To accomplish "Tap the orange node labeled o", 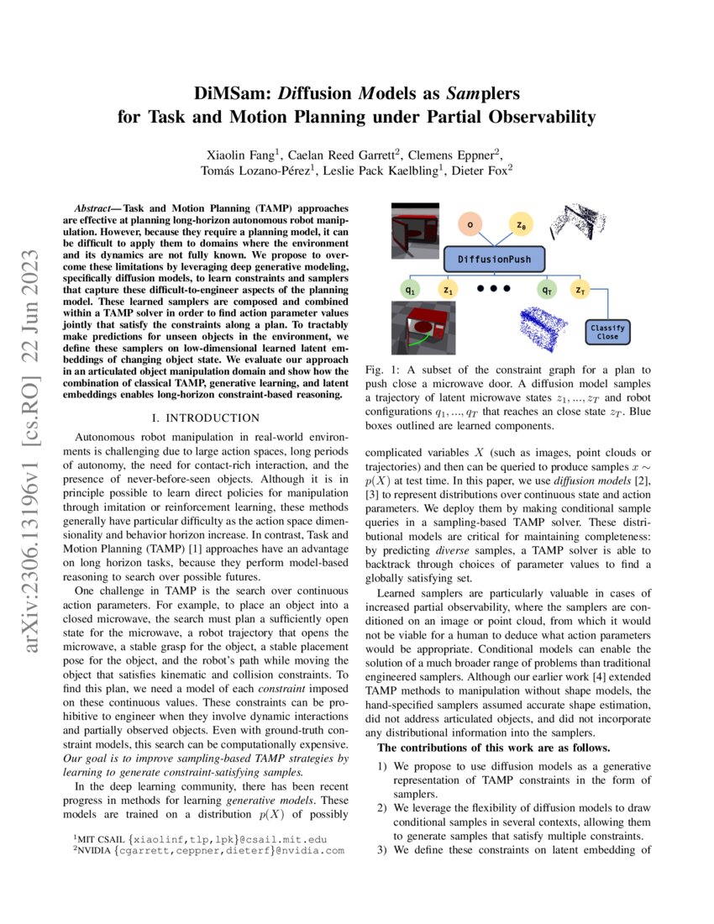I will click(x=470, y=224).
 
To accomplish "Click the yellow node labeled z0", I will click(x=522, y=224).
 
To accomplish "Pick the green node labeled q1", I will click(x=409, y=290).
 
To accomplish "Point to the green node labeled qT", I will click(x=547, y=290).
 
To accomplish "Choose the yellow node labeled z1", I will click(x=448, y=290).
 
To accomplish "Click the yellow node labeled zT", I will click(x=580, y=290).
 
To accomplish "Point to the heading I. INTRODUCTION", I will click(x=205, y=417).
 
